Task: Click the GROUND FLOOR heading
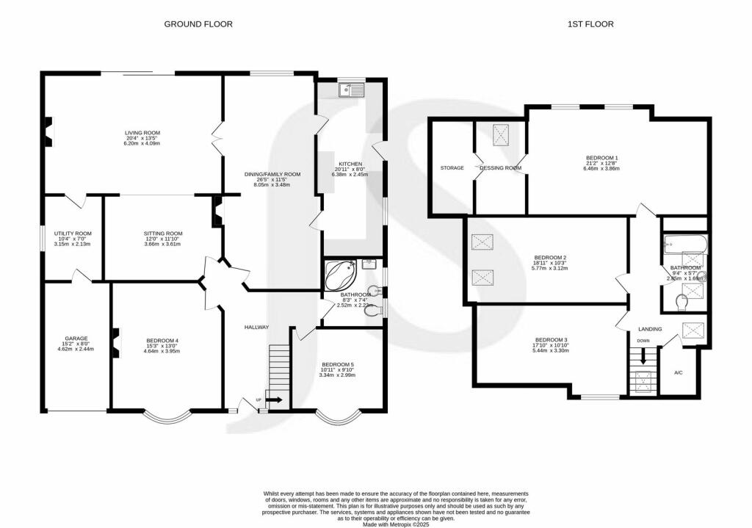click(x=198, y=24)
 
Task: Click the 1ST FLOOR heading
click(x=590, y=24)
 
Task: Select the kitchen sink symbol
click(x=351, y=90)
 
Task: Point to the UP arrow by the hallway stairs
click(x=273, y=400)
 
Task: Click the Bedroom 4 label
click(x=162, y=341)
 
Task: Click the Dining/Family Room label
click(x=273, y=175)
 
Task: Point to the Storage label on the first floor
click(x=452, y=168)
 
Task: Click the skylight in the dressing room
click(x=502, y=134)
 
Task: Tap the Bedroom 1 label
click(x=601, y=158)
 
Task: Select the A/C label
click(x=679, y=373)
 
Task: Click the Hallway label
click(x=257, y=327)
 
